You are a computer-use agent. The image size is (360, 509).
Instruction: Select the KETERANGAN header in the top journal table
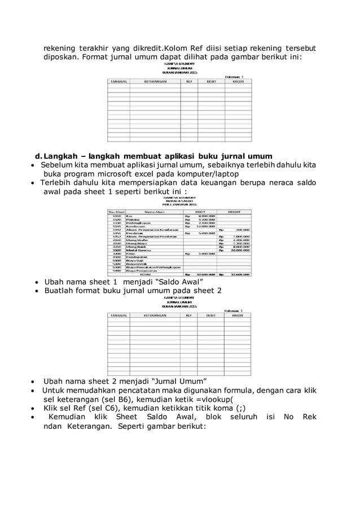point(155,81)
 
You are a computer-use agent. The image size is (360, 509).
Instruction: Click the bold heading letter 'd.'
point(39,156)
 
